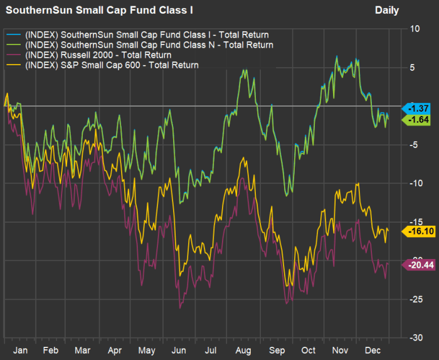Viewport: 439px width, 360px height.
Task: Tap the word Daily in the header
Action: (x=387, y=10)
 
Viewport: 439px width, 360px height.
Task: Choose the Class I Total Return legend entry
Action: (x=147, y=34)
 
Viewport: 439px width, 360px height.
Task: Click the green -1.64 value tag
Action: (x=416, y=119)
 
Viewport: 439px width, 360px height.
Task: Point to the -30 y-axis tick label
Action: (x=414, y=337)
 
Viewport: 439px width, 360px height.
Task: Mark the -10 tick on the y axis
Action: (x=414, y=183)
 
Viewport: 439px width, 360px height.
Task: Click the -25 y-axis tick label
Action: (x=414, y=299)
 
